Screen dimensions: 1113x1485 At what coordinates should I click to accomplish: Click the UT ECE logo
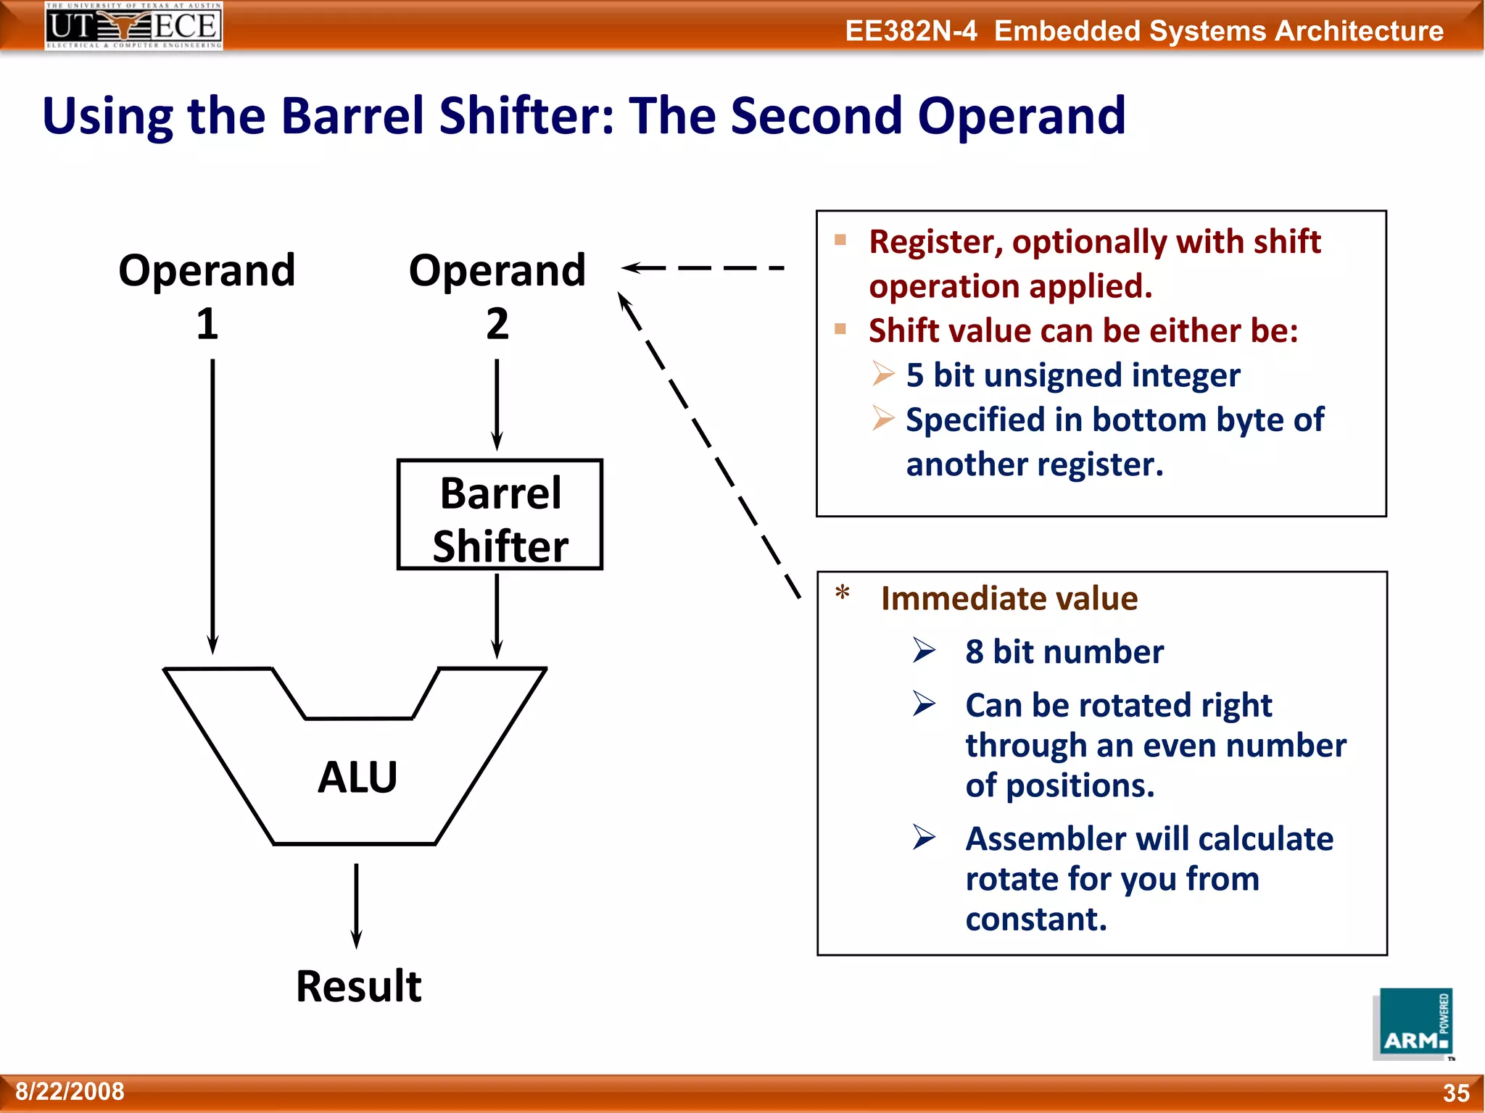pos(133,25)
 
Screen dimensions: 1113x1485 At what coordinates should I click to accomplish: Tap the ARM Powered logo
pos(1415,1023)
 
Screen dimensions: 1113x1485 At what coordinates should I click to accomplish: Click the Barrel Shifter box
pos(500,514)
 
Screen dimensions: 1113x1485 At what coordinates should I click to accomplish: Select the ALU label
pos(357,777)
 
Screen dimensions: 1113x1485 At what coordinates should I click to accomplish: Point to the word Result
pos(358,986)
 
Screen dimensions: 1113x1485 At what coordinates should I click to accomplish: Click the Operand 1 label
pos(207,295)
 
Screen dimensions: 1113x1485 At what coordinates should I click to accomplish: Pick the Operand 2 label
pos(497,295)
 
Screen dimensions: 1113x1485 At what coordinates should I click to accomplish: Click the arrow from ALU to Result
pos(356,906)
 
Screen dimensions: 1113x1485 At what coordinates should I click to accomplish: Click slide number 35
pos(1455,1093)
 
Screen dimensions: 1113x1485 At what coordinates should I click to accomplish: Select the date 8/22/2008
pos(70,1091)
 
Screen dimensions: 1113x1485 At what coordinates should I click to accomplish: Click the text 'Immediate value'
pos(1009,599)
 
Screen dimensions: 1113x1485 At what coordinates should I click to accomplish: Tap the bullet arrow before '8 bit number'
pos(924,651)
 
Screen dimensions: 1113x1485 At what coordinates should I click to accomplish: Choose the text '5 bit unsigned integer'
pos(1072,375)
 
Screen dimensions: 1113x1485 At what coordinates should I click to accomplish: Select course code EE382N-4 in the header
pos(911,31)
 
